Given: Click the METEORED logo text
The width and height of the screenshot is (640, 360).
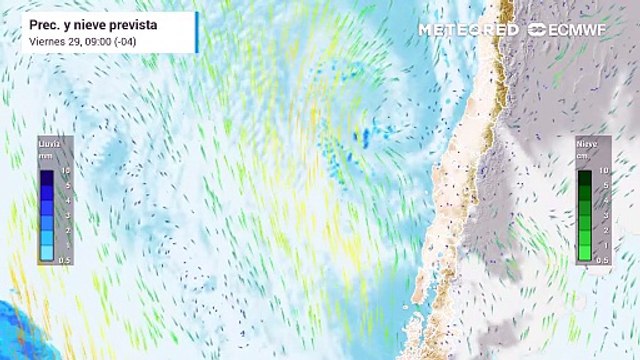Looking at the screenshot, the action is point(468,29).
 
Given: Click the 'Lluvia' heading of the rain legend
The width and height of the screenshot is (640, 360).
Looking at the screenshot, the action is point(49,146).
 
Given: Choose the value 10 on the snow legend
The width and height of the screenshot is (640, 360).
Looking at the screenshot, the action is point(605,172).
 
